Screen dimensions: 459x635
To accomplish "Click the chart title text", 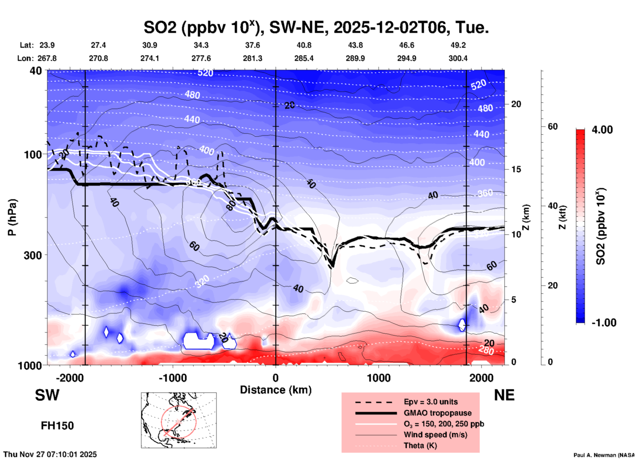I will pos(316,28).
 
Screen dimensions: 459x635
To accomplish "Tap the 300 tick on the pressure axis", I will pos(33,255).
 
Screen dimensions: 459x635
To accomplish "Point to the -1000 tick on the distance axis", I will pos(172,378).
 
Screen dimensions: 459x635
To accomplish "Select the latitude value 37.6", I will pos(252,45).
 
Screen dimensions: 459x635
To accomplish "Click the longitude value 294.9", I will pos(407,58).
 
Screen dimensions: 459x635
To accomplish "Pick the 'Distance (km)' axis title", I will pos(276,390).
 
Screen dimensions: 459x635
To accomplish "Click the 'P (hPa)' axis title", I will pos(12,217).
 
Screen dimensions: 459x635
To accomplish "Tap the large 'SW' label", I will pos(47,395).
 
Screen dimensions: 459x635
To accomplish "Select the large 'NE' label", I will pos(504,395).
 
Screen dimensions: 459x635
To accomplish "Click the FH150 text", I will pos(57,426).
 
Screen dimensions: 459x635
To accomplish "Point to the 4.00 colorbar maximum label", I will pos(602,130).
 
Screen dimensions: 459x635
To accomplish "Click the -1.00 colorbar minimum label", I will pos(604,323).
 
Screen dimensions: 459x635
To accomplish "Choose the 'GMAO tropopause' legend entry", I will pos(438,413).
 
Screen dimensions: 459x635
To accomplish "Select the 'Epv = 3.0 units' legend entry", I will pos(431,402).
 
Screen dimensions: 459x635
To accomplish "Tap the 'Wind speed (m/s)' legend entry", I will pos(435,435).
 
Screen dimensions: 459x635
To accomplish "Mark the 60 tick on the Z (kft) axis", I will pos(553,126).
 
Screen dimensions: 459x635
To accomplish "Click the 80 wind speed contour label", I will pos(231,205).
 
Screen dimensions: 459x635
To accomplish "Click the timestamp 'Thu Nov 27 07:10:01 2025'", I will pos(50,454).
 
